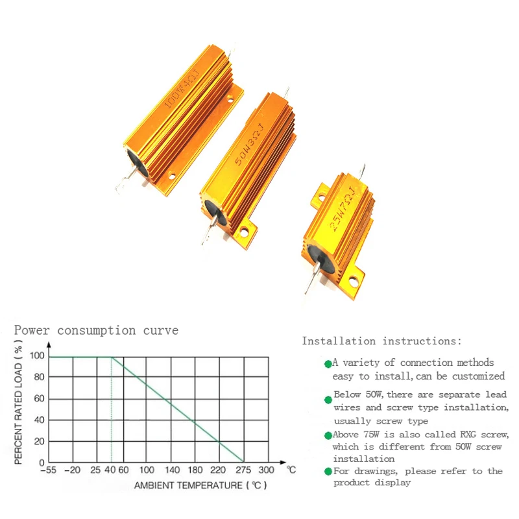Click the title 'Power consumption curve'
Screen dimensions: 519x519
(96, 330)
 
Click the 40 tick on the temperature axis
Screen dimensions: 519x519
(110, 470)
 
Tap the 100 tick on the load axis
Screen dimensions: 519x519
(36, 356)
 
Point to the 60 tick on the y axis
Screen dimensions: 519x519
(38, 398)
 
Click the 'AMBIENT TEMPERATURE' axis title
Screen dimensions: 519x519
(200, 485)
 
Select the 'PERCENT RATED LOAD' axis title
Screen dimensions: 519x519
(19, 407)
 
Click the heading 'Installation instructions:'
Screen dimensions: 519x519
(382, 341)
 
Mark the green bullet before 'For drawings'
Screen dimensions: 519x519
(328, 472)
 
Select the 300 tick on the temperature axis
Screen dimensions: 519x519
(266, 470)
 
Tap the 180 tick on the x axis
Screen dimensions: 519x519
(195, 470)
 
